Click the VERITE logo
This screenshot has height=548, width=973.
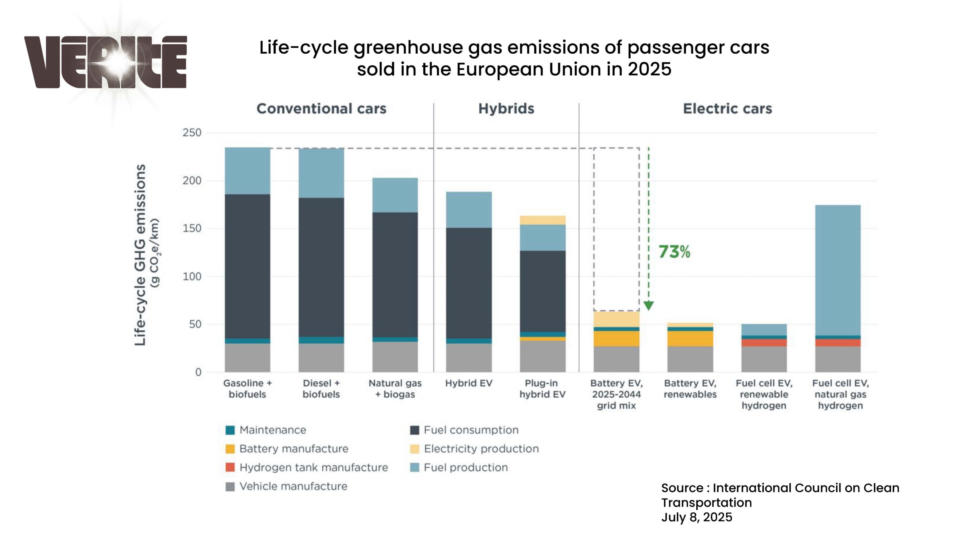click(106, 62)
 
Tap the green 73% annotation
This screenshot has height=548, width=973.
click(674, 252)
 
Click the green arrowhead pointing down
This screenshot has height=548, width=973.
click(649, 306)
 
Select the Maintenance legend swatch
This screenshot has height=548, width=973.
click(230, 430)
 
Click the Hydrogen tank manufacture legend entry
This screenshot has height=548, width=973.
click(314, 467)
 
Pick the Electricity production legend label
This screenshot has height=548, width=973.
click(481, 449)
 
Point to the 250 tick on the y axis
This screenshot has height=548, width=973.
click(192, 133)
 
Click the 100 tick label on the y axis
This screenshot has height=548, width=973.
click(192, 276)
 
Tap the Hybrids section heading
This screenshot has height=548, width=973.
click(506, 109)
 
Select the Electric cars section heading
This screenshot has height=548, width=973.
click(727, 109)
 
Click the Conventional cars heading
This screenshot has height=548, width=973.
click(322, 109)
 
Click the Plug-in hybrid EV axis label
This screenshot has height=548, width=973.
click(542, 389)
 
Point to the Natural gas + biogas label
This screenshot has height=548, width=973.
click(395, 389)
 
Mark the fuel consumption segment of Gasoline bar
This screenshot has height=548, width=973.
click(247, 266)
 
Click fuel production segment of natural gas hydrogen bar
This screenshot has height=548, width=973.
click(838, 270)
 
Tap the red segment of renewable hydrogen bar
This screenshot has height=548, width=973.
click(764, 342)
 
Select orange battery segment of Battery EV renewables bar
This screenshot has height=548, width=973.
click(690, 338)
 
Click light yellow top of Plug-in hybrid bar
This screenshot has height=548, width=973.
click(542, 220)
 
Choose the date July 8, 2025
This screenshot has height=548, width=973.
click(696, 517)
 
